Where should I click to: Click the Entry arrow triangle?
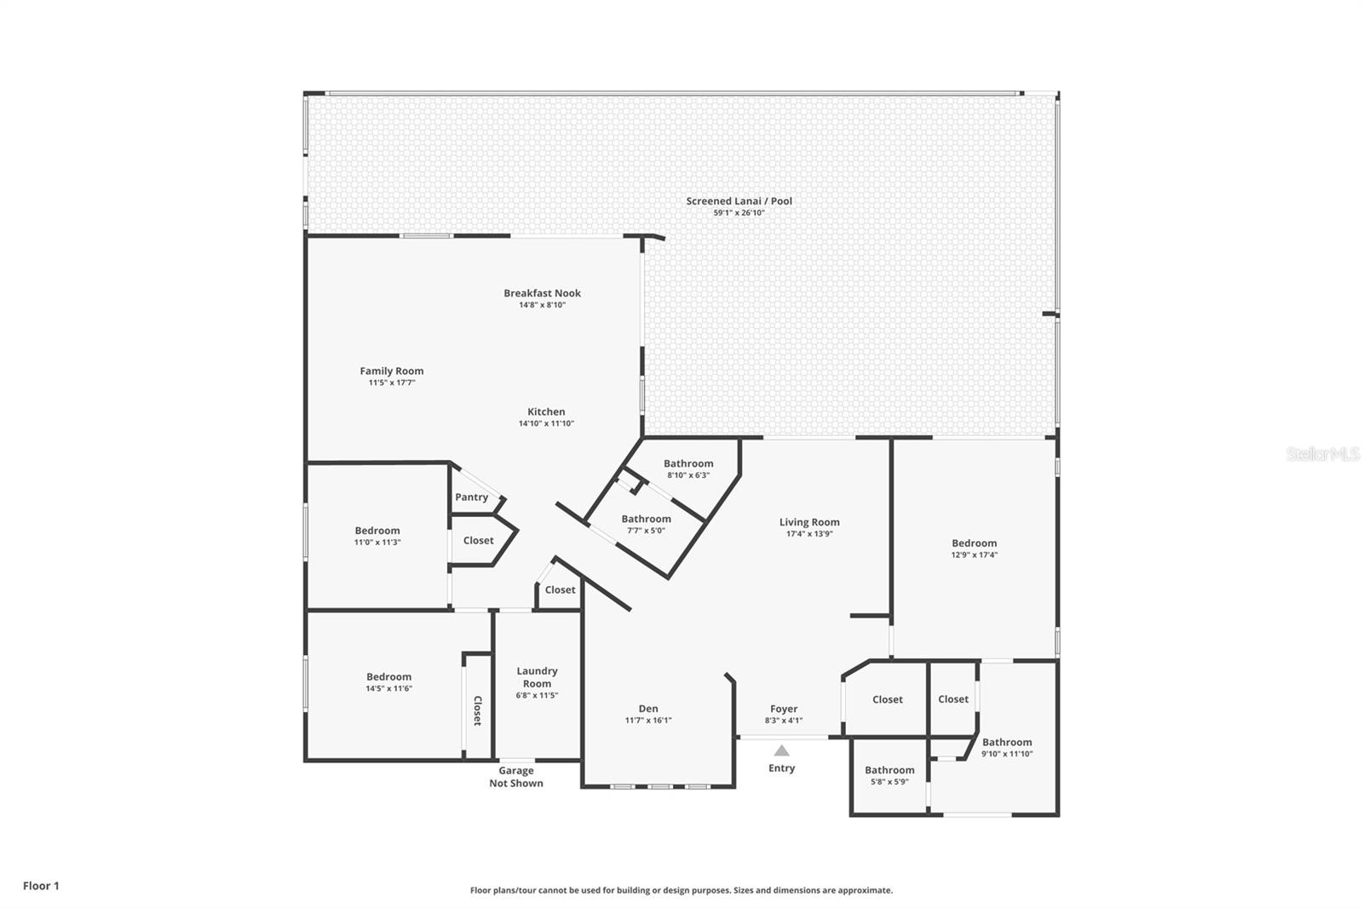[781, 751]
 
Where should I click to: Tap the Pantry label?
[471, 497]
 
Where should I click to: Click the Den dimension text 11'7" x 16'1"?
[648, 721]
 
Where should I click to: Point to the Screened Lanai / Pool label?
[739, 201]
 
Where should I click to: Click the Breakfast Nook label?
[542, 293]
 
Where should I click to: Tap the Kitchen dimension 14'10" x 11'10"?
[546, 423]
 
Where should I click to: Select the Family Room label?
[391, 371]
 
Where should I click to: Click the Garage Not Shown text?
[515, 777]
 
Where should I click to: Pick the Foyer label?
[784, 709]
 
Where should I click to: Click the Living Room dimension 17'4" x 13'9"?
[809, 534]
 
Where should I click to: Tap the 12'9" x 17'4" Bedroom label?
[974, 543]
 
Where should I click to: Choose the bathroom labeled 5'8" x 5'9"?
[889, 770]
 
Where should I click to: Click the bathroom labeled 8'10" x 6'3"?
[688, 464]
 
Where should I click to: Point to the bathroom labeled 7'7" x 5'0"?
[646, 519]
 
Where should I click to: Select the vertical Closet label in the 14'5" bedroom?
[478, 711]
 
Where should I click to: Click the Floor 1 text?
[41, 886]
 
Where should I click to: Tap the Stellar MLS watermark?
[1322, 455]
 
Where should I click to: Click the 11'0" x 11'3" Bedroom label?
[377, 531]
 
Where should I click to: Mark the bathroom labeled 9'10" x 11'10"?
[1007, 743]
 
